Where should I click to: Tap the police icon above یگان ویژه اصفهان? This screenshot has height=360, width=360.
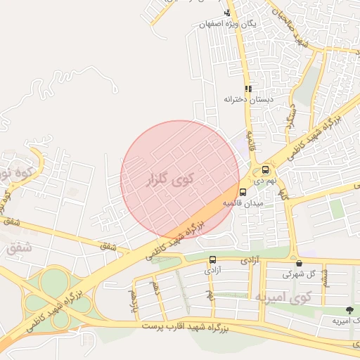pos(227,13)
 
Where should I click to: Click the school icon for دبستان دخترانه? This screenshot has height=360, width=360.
pos(247,89)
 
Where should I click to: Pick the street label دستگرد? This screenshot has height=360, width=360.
pos(291,117)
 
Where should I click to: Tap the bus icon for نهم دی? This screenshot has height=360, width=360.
pos(265,169)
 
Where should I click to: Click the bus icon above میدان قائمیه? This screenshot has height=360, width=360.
pos(243,192)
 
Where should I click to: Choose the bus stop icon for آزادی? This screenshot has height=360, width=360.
pos(213,259)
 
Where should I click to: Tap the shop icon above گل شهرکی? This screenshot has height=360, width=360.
pos(299,263)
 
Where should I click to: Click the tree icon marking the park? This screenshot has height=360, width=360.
pos(349,310)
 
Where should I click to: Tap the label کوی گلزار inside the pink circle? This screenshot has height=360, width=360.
pos(171,179)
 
